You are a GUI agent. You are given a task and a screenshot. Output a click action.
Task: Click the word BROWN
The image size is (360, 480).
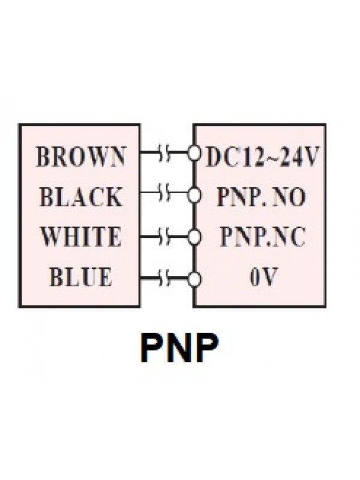(x=81, y=157)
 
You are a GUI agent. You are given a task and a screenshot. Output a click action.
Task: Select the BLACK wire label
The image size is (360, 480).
(x=81, y=197)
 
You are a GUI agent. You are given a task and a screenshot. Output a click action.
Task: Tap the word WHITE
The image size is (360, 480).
(x=81, y=237)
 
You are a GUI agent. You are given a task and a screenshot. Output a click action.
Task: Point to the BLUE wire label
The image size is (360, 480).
(x=81, y=277)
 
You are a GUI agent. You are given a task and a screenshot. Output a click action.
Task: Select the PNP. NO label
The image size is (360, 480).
(x=261, y=197)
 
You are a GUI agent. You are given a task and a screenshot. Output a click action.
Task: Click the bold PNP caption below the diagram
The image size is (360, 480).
(x=179, y=347)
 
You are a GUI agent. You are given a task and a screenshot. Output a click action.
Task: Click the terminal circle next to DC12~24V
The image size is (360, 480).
(x=193, y=154)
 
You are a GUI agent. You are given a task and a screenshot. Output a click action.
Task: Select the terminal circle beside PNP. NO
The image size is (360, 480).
(x=193, y=195)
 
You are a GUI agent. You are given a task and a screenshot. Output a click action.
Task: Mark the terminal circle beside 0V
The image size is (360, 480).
(x=193, y=278)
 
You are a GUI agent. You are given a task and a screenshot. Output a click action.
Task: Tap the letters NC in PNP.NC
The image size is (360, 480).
(x=290, y=237)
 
